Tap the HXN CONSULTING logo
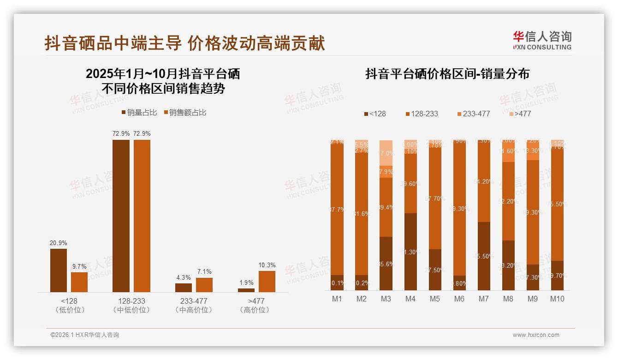tap(542, 40)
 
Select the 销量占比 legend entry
tap(139, 113)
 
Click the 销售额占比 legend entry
tap(185, 113)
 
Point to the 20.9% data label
tap(59, 243)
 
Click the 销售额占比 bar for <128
tap(79, 282)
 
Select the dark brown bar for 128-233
tap(121, 216)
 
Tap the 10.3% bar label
tap(267, 265)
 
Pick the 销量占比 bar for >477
tap(246, 290)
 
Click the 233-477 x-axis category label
tap(194, 301)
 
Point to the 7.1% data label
tap(204, 272)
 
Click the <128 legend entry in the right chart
tap(374, 114)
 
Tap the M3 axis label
tap(386, 299)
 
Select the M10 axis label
tap(557, 299)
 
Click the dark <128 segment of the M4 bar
tap(410, 252)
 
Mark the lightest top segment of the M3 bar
tap(386, 153)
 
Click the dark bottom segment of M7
tap(484, 256)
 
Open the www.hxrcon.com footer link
tap(536, 335)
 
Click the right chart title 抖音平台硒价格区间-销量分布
tap(447, 74)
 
